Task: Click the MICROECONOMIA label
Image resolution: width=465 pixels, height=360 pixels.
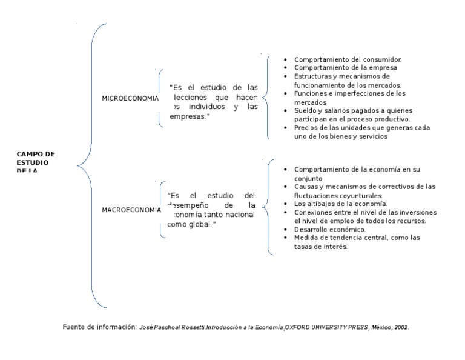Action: click(130, 98)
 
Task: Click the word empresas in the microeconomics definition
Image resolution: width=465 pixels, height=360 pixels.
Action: click(188, 116)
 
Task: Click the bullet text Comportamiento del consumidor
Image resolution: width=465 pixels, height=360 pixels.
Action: click(348, 59)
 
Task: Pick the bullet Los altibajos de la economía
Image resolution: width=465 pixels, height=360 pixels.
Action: click(341, 204)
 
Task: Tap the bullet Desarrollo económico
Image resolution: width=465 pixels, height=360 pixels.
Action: click(330, 230)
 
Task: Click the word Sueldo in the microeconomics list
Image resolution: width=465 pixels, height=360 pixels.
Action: click(306, 111)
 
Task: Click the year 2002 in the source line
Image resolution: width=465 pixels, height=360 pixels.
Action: click(400, 327)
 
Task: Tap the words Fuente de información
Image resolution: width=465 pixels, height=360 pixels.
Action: click(99, 327)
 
